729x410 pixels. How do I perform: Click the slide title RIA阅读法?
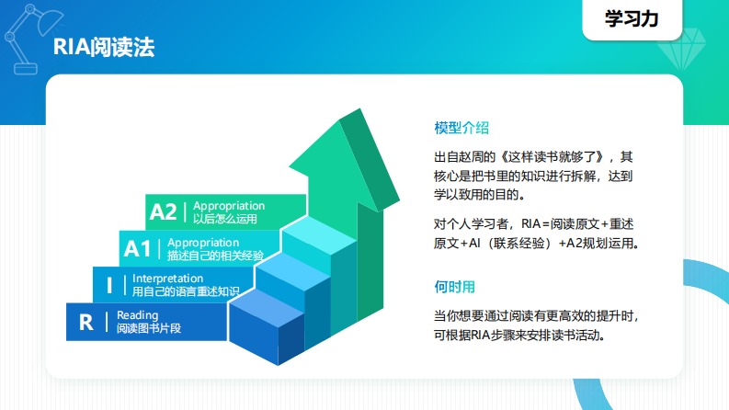103,47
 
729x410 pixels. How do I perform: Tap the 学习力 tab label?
631,18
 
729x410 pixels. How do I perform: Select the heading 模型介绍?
461,127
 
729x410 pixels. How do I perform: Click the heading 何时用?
455,286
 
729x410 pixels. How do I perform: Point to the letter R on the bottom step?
86,322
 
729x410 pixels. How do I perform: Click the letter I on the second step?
110,285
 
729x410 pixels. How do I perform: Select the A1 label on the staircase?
137,248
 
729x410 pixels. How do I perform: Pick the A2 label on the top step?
163,211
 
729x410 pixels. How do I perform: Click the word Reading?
137,315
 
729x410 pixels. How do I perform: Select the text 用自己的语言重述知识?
186,291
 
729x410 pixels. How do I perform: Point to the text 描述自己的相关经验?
215,255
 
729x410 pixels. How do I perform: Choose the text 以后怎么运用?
225,219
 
